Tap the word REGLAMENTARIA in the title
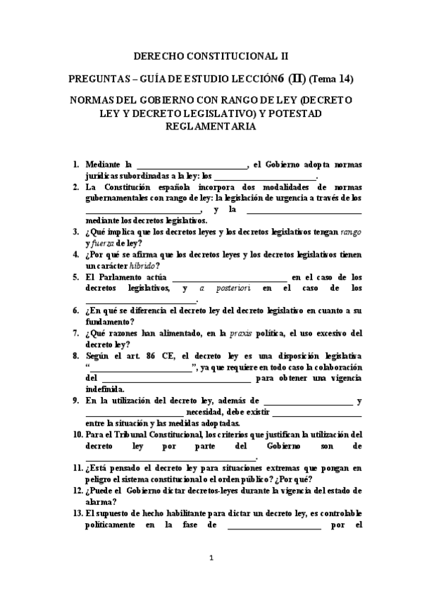point(211,127)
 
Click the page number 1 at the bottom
point(211,558)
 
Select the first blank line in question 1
point(192,166)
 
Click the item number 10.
point(77,434)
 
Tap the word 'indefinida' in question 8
point(105,389)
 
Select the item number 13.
point(77,513)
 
